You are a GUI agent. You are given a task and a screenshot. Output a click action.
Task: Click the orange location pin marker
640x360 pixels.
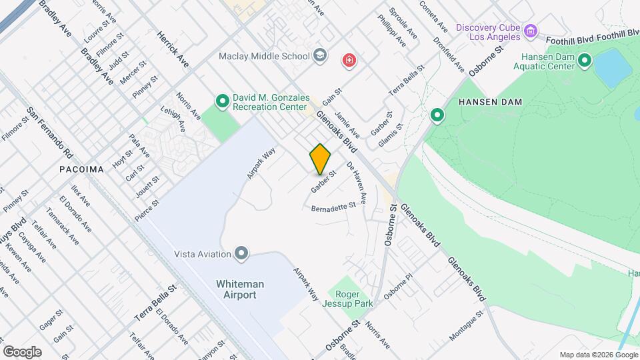320,159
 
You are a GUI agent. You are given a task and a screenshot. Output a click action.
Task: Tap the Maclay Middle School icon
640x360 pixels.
321,55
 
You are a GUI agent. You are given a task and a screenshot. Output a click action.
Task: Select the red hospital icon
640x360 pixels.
348,61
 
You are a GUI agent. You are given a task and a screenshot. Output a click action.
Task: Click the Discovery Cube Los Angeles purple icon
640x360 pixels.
531,31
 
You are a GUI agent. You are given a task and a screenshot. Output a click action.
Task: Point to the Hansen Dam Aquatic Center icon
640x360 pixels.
585,61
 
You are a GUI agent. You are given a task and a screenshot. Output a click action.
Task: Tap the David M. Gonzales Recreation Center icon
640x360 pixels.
223,101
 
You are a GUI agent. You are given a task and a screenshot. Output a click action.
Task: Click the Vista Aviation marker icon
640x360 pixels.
241,253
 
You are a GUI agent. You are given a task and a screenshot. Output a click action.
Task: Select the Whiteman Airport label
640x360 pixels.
240,289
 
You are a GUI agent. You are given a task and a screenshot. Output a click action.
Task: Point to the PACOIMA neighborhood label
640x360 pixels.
81,169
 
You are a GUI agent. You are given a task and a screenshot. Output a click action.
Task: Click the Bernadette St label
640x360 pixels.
334,207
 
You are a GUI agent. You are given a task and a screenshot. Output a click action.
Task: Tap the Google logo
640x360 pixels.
22,351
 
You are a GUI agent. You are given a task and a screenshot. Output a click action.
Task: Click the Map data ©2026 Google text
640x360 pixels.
597,355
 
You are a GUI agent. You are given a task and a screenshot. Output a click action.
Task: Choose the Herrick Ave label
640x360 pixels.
173,49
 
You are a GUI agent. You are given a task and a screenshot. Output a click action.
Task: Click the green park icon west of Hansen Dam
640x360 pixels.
437,116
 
